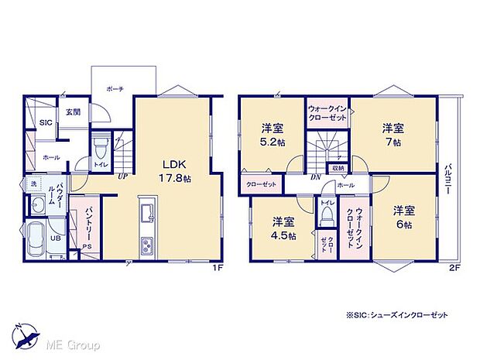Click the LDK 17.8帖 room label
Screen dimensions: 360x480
173,170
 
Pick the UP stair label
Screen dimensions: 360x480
122,177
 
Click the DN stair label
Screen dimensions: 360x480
317,177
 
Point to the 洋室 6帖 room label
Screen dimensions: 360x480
401,218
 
